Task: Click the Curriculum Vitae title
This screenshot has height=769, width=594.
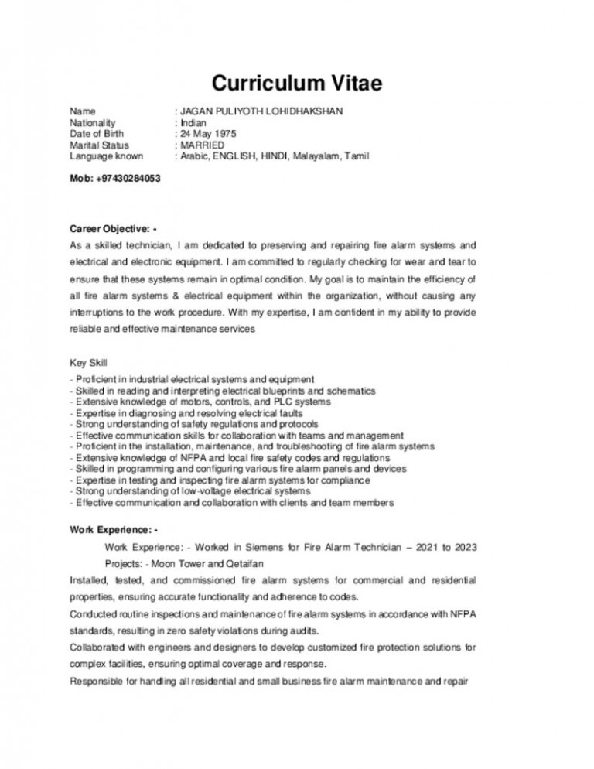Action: click(x=296, y=84)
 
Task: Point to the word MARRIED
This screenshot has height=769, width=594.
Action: click(x=202, y=145)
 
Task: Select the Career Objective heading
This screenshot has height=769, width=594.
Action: click(x=113, y=230)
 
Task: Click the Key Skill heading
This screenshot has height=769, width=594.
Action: click(x=89, y=362)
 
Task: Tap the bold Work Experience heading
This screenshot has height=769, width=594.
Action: click(x=113, y=530)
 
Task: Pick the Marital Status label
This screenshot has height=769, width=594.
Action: click(x=99, y=145)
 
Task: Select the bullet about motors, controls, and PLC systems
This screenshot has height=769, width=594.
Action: click(x=201, y=402)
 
